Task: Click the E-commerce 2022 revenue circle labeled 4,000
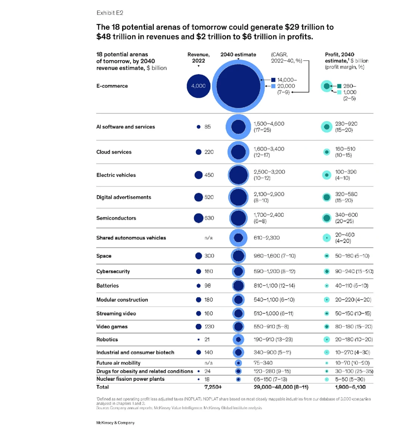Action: (199, 86)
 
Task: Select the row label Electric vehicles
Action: (116, 175)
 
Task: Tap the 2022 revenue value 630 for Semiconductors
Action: (209, 218)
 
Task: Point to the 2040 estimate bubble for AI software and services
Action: (238, 127)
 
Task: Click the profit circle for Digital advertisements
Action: (327, 197)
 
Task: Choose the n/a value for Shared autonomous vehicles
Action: (209, 238)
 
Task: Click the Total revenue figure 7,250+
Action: (213, 387)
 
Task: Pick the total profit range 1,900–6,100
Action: (350, 387)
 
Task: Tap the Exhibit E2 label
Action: (110, 13)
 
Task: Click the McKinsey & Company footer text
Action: (115, 422)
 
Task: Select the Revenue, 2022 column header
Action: (199, 57)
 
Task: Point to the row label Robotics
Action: (107, 340)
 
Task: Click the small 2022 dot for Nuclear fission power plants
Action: (199, 380)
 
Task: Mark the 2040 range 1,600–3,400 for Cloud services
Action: (269, 149)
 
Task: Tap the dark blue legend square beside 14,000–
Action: (274, 80)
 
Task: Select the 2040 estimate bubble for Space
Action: (238, 256)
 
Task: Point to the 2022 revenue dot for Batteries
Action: (199, 285)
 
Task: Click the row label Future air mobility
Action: (118, 363)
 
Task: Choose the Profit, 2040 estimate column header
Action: (346, 60)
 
